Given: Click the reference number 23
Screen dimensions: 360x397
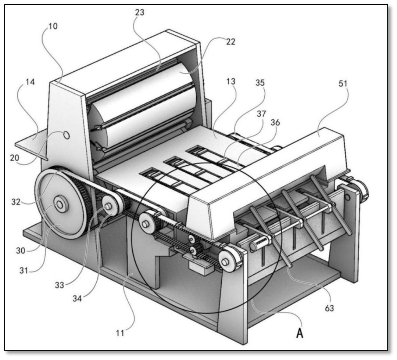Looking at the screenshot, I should pyautogui.click(x=140, y=12).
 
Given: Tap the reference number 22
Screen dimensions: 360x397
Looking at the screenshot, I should pyautogui.click(x=230, y=42).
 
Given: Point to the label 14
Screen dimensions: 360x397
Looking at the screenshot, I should pyautogui.click(x=31, y=82).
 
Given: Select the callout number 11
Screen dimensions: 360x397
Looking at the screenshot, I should pyautogui.click(x=126, y=334).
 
